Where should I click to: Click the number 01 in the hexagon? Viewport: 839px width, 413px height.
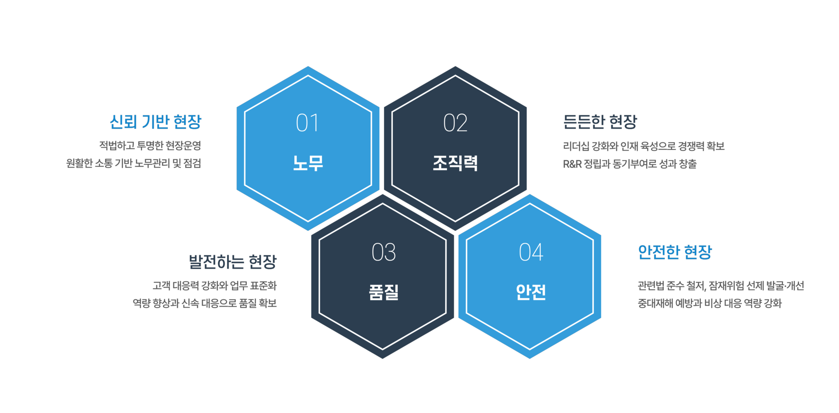point(307,123)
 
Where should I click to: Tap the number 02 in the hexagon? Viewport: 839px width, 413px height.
point(455,123)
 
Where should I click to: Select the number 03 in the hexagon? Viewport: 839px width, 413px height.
point(384,252)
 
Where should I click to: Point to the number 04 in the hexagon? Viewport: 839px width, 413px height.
point(531,252)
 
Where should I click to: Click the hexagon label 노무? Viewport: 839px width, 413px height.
point(308,163)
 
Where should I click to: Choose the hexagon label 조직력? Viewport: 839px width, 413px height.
point(455,163)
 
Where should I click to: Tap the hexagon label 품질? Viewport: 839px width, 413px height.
point(384,292)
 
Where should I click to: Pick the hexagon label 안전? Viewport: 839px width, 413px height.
point(531,292)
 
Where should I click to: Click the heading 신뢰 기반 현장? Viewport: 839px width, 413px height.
point(156,122)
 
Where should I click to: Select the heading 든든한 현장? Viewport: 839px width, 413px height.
point(600,122)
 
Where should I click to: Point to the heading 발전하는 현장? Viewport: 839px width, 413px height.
point(233,262)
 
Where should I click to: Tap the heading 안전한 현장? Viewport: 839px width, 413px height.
point(675,252)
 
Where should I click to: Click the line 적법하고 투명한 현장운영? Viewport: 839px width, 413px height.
point(150,145)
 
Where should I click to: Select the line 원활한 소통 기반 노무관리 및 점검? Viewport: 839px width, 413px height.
point(134,163)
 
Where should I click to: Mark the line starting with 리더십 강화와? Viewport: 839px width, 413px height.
point(644,146)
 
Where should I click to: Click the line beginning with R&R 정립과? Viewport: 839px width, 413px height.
point(630,164)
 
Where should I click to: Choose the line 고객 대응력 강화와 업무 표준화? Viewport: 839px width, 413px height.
point(215,286)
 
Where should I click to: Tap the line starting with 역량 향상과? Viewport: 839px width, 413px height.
point(205,303)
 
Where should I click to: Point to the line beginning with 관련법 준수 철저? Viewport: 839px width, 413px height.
point(721,286)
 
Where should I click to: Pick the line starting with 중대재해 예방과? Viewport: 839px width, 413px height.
point(710,303)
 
